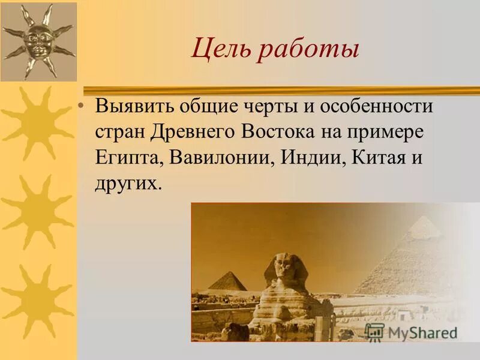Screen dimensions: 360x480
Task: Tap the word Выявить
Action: tap(134, 107)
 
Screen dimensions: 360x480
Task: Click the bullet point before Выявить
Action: tap(82, 107)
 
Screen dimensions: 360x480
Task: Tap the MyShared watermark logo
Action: tap(411, 332)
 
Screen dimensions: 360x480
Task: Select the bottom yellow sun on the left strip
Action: tap(37, 300)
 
